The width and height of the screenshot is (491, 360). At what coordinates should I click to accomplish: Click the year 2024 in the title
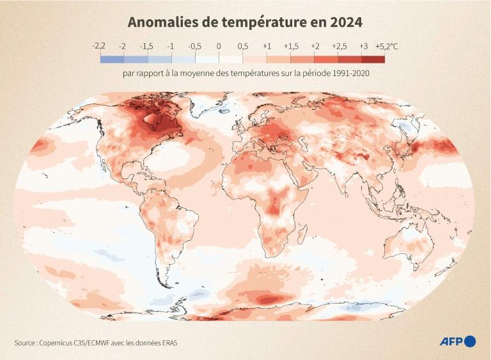pyautogui.click(x=345, y=22)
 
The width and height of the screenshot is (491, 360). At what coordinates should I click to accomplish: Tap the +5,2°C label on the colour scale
pyautogui.click(x=386, y=46)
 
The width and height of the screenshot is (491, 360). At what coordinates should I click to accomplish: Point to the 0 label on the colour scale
pyautogui.click(x=219, y=46)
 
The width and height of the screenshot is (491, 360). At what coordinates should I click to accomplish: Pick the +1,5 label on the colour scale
pyautogui.click(x=291, y=46)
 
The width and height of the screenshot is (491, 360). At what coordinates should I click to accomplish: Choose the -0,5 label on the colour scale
pyautogui.click(x=194, y=46)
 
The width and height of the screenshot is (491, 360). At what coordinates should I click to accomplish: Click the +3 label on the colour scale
pyautogui.click(x=362, y=46)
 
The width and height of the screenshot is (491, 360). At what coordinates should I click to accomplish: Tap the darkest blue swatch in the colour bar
pyautogui.click(x=111, y=59)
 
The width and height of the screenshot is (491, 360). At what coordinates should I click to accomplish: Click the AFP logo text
pyautogui.click(x=451, y=341)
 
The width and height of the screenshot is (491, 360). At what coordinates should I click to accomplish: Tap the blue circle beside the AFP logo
pyautogui.click(x=471, y=341)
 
